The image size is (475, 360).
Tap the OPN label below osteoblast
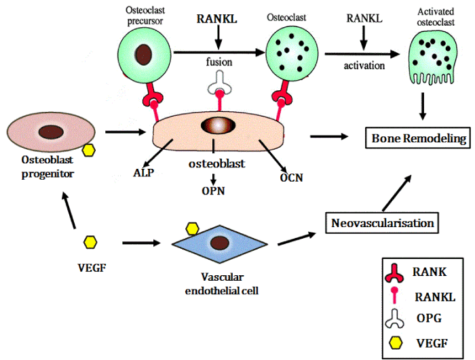click(214, 191)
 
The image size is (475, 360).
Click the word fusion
click(218, 62)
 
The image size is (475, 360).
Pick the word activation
click(364, 66)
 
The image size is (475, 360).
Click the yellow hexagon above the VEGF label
click(91, 241)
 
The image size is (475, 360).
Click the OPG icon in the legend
click(395, 317)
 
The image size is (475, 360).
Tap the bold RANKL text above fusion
click(218, 20)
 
